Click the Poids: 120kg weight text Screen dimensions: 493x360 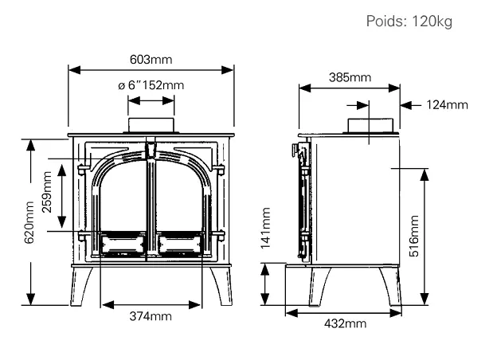pos(409,22)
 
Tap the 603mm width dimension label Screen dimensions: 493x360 pos(151,60)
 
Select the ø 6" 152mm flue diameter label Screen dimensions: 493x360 pos(151,85)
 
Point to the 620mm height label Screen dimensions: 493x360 pos(29,222)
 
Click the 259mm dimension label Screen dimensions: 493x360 pos(47,192)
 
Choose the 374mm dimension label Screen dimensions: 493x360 pos(151,316)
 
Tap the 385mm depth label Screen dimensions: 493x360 pos(350,77)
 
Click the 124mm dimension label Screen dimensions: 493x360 pos(447,104)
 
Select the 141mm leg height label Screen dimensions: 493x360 pos(265,228)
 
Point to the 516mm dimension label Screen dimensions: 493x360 pos(414,236)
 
